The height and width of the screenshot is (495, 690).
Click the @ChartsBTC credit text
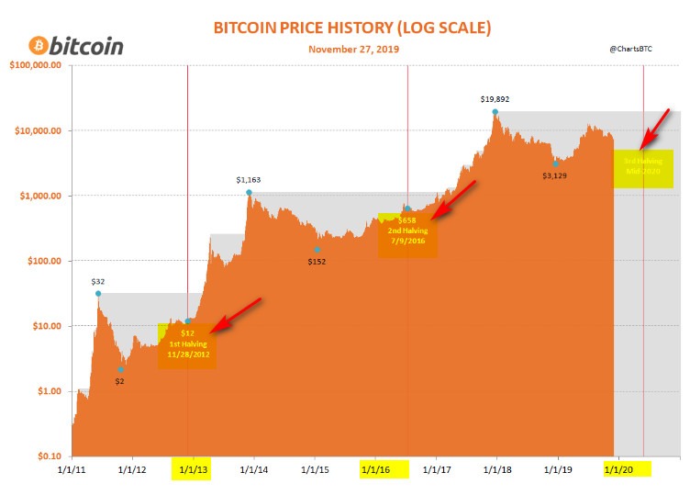[629, 47]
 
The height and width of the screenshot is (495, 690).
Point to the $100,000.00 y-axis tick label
[35, 65]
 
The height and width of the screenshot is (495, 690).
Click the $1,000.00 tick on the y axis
[39, 196]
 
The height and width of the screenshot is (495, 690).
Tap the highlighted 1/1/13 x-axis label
[192, 469]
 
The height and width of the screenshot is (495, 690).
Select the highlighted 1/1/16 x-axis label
[375, 469]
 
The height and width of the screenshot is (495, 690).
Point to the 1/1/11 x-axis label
[72, 469]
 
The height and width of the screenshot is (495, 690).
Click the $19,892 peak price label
[495, 98]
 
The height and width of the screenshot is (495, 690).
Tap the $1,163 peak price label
[249, 180]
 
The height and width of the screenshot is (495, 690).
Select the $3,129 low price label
[555, 175]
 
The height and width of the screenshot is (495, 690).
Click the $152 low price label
[317, 262]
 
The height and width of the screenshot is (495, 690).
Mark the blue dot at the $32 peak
[98, 294]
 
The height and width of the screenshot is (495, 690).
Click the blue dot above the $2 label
[120, 370]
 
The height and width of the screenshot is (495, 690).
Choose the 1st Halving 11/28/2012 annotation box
[187, 345]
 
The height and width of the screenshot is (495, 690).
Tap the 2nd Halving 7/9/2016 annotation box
[408, 235]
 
